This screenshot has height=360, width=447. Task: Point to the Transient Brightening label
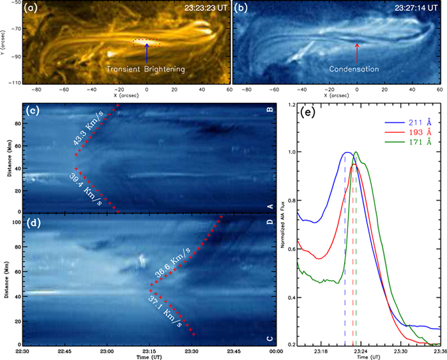click(146, 68)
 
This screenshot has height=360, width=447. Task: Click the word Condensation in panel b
click(354, 68)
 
